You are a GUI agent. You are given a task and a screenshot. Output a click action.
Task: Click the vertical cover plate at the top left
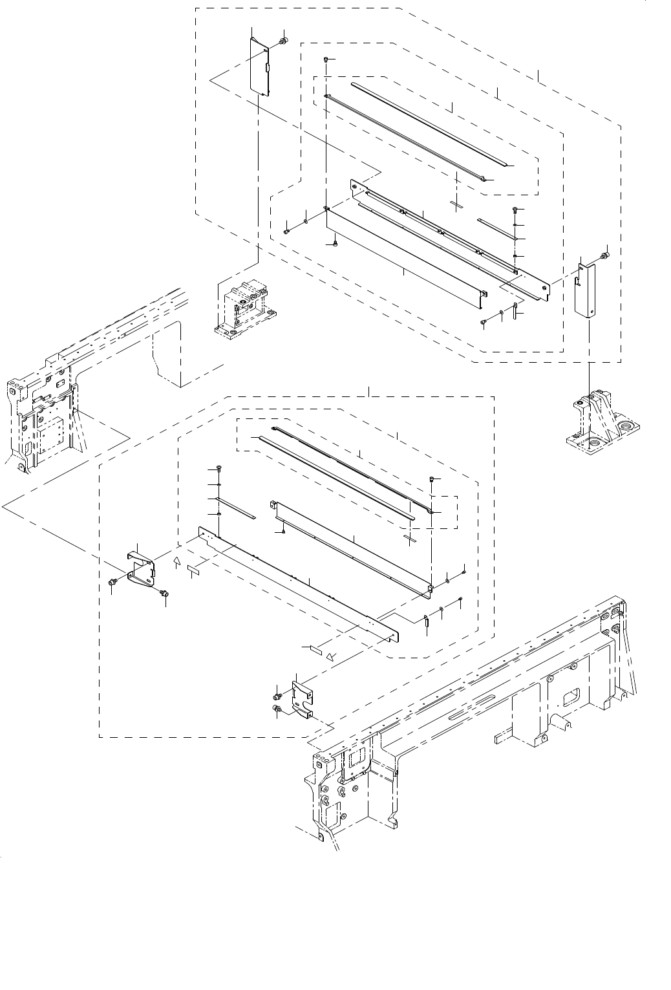[259, 66]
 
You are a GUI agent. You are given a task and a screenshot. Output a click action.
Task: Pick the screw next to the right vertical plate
[604, 256]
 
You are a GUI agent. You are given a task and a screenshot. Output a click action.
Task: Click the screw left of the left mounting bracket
[112, 583]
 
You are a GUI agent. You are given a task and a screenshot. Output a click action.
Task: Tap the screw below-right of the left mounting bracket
[164, 592]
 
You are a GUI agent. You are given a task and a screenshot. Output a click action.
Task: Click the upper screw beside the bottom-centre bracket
[277, 696]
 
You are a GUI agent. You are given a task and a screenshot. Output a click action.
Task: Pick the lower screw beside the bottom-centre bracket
[277, 711]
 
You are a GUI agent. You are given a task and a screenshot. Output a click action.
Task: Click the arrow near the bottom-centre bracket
[331, 656]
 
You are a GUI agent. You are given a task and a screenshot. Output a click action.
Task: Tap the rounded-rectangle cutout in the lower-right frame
[571, 697]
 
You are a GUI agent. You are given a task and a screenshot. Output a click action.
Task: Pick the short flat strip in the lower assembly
[237, 508]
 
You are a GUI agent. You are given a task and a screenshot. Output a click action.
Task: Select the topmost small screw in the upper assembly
[326, 59]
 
